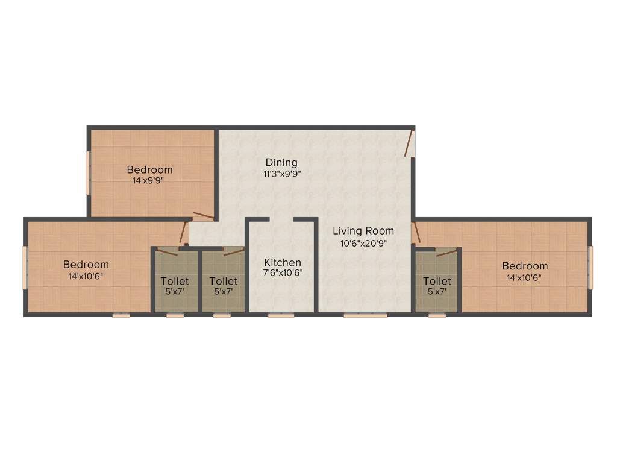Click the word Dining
(x=281, y=162)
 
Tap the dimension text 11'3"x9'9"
(x=281, y=174)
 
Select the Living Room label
(x=363, y=231)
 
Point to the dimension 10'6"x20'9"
(x=363, y=244)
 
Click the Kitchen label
(x=283, y=263)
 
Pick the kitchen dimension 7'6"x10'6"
(x=283, y=272)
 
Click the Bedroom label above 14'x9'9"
(x=149, y=169)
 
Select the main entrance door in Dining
(x=409, y=143)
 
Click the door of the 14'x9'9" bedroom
(x=202, y=215)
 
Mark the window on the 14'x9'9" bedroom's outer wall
(x=88, y=172)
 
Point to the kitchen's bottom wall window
(x=281, y=315)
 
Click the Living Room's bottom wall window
(x=365, y=315)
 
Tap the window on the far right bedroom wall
(x=590, y=265)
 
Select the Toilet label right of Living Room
(x=437, y=281)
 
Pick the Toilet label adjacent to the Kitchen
(x=223, y=281)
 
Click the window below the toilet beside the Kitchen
(x=222, y=315)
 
